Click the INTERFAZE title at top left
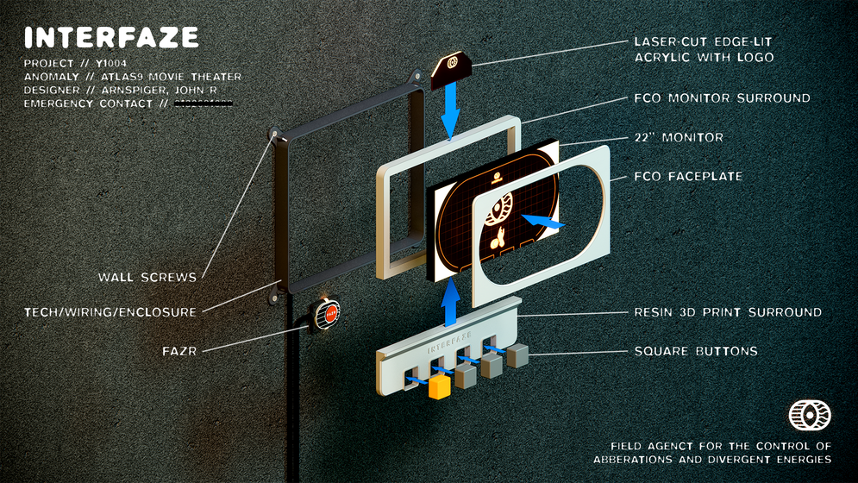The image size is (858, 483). pyautogui.click(x=112, y=37)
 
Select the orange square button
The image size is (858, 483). pyautogui.click(x=440, y=386)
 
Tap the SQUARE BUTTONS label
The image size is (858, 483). pyautogui.click(x=695, y=352)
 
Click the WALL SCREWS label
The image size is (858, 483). pyautogui.click(x=147, y=277)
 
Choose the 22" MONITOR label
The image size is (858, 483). pyautogui.click(x=678, y=137)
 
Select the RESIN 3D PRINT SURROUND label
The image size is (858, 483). pyautogui.click(x=728, y=311)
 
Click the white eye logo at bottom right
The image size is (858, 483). pyautogui.click(x=809, y=416)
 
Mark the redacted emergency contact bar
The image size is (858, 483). pyautogui.click(x=204, y=104)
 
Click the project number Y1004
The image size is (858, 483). pyautogui.click(x=110, y=64)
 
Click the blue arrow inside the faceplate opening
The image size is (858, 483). pyautogui.click(x=541, y=222)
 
